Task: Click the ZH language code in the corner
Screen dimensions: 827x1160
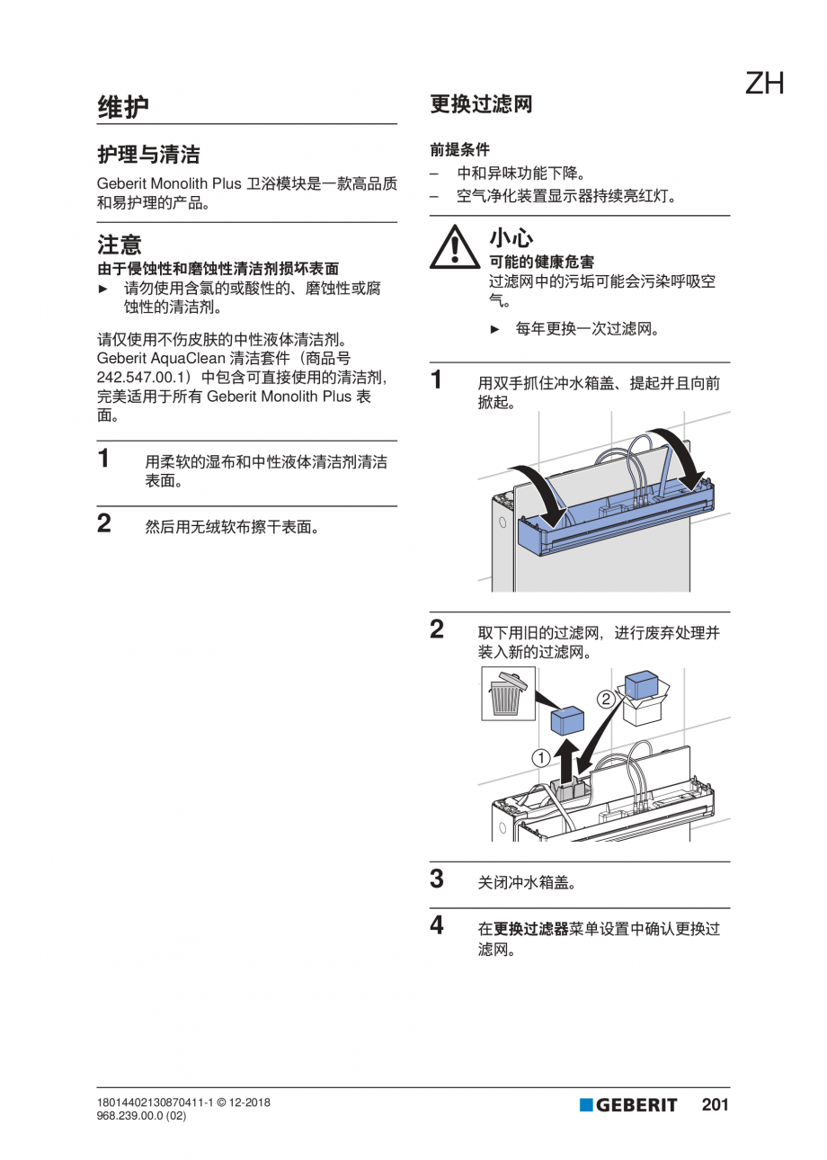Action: (x=764, y=84)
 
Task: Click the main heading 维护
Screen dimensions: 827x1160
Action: (x=123, y=107)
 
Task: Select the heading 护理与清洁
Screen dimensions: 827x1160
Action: (x=148, y=155)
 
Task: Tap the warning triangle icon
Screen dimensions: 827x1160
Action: (x=454, y=247)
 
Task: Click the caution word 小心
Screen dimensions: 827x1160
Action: (x=511, y=238)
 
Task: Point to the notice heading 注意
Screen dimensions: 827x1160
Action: (x=119, y=245)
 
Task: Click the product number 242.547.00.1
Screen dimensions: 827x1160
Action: (x=141, y=377)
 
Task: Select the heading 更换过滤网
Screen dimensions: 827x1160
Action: (x=481, y=104)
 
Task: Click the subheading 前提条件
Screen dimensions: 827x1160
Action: (x=459, y=149)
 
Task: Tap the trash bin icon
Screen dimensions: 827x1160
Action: (x=508, y=693)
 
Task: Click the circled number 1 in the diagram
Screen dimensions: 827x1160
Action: (x=541, y=759)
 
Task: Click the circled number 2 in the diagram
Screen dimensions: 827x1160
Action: (x=606, y=700)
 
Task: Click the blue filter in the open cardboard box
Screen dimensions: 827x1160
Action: (x=641, y=684)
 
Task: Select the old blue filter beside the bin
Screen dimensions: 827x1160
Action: (x=567, y=721)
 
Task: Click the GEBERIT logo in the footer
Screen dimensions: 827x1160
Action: (x=628, y=1104)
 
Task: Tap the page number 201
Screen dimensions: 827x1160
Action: (x=715, y=1104)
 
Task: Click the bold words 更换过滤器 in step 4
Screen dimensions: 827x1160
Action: (x=531, y=929)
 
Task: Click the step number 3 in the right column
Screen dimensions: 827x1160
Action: (x=437, y=879)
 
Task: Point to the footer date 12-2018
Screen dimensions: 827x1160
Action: (x=249, y=1102)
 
